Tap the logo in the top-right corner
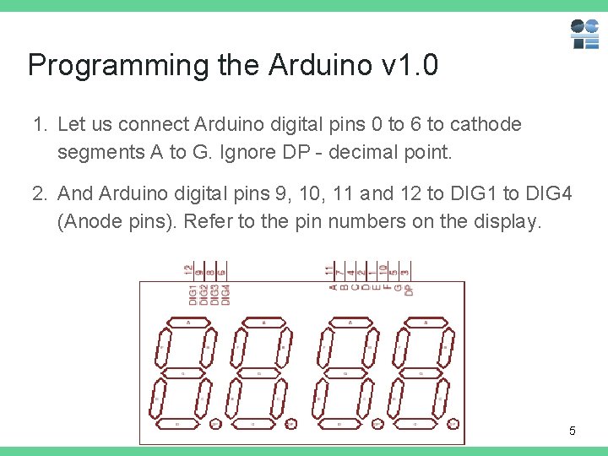point(584,34)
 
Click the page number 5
point(572,432)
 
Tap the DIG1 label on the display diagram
point(193,295)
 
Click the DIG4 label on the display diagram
point(225,295)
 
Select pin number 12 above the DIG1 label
point(188,271)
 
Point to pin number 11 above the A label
point(329,271)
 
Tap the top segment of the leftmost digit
point(187,323)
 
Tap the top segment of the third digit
point(345,323)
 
